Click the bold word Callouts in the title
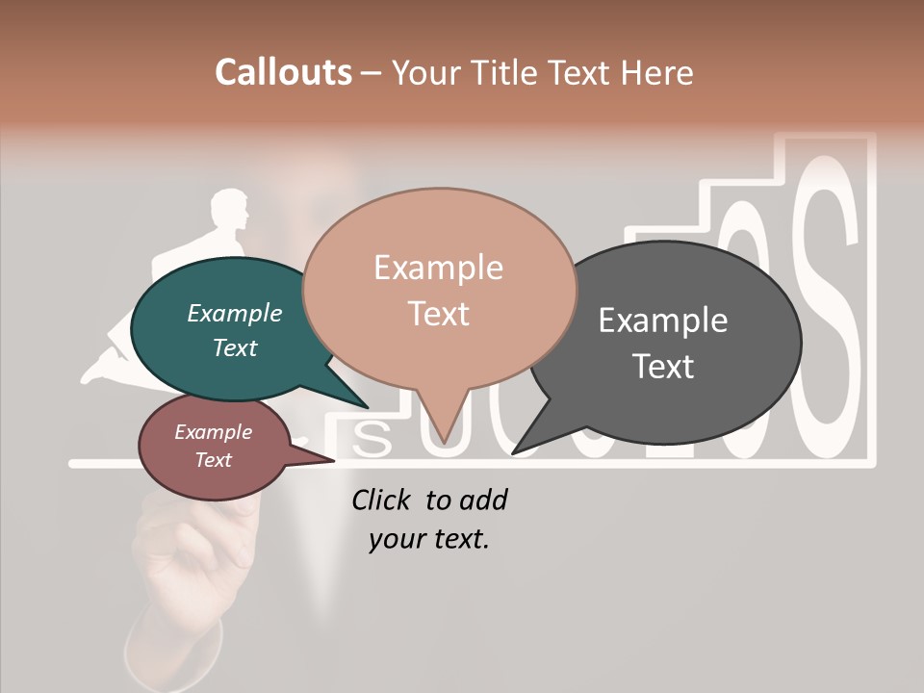(x=283, y=72)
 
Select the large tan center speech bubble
(x=439, y=289)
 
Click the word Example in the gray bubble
(x=663, y=320)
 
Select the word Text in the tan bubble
(x=439, y=314)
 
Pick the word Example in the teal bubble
(x=235, y=313)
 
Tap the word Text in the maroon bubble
(x=214, y=460)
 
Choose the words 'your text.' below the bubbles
(x=429, y=539)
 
